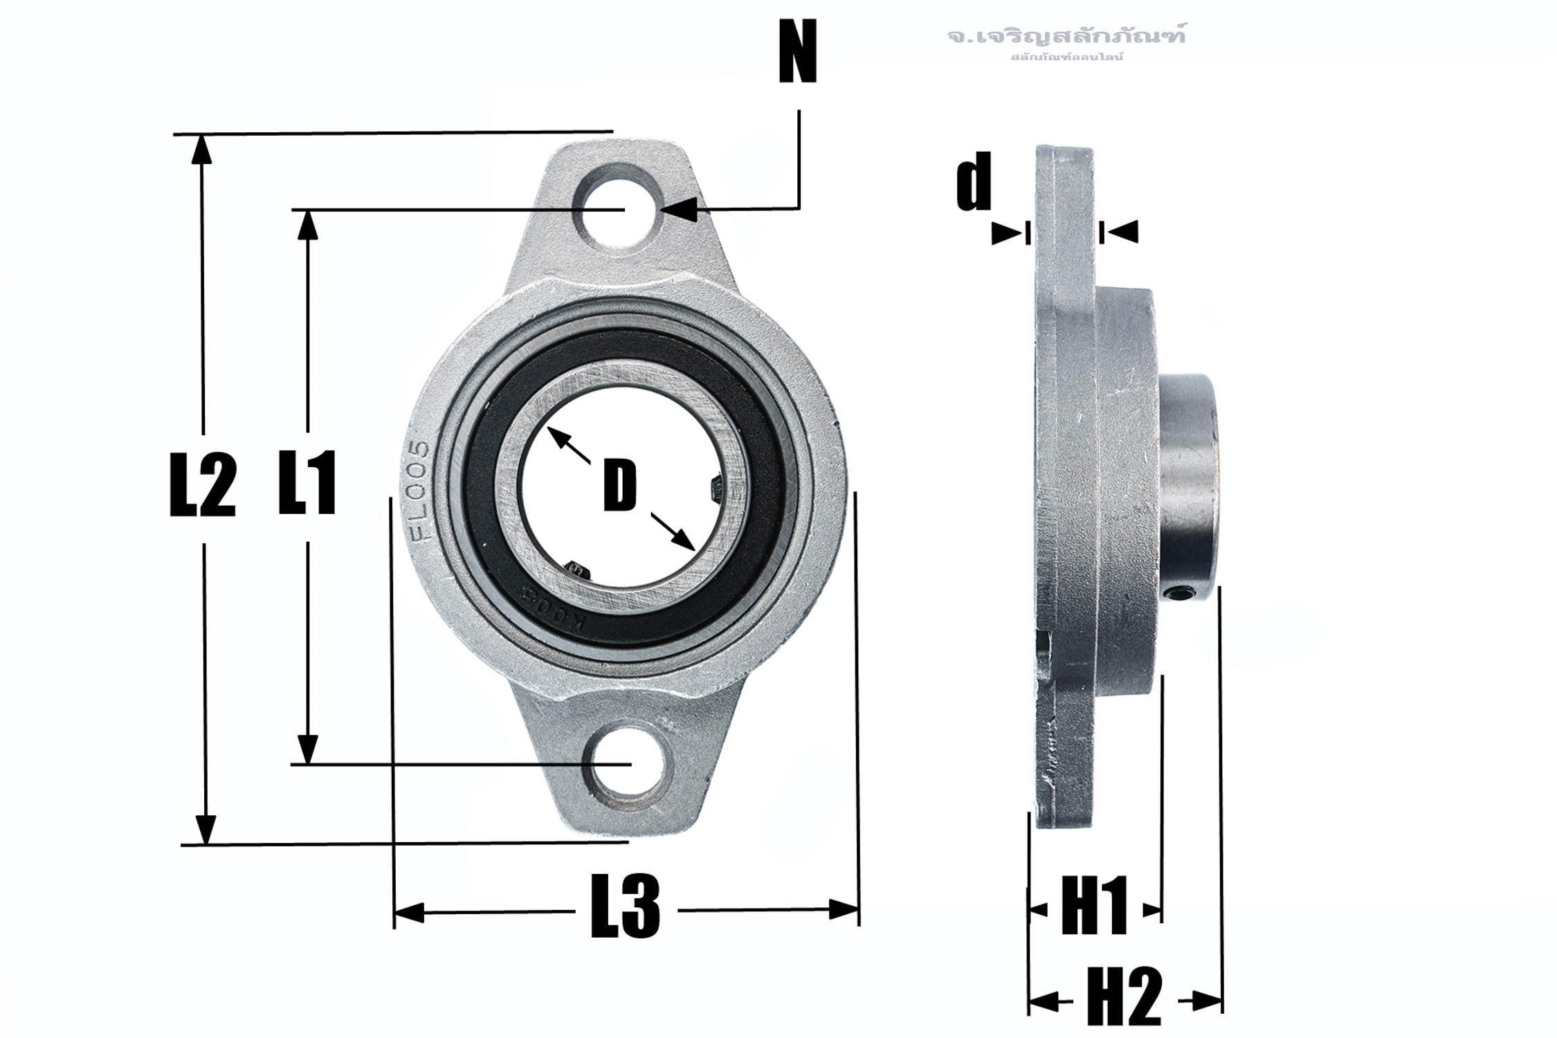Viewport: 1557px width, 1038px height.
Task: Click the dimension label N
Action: (x=798, y=52)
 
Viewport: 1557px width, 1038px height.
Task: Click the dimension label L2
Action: (x=203, y=485)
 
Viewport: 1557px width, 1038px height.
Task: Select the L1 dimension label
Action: (x=307, y=482)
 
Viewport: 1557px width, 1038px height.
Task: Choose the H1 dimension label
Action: (x=1094, y=906)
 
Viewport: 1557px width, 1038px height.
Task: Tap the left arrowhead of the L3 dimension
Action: (x=408, y=912)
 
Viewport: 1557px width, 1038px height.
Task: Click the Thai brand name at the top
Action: (x=1066, y=36)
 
